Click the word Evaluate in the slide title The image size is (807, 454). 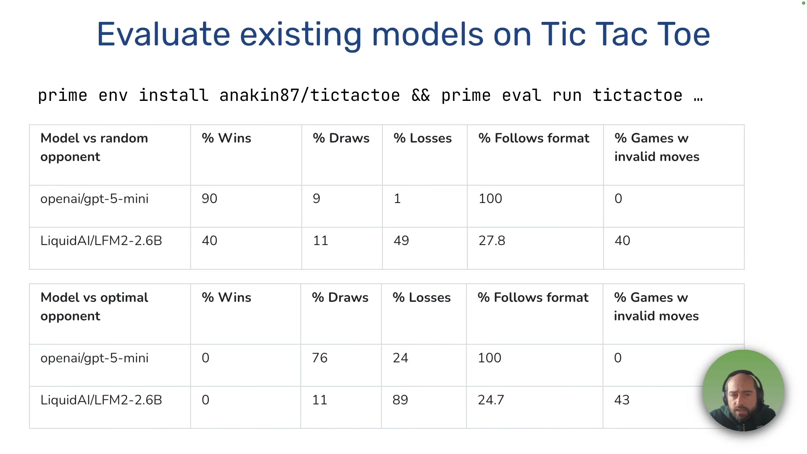click(163, 34)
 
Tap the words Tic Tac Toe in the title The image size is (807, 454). click(625, 34)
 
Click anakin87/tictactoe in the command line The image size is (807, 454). click(309, 96)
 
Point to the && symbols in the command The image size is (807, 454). click(420, 96)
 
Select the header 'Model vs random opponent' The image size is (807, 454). click(94, 147)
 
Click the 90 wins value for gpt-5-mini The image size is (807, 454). click(209, 198)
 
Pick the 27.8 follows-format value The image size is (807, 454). click(492, 240)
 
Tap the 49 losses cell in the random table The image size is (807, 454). click(401, 240)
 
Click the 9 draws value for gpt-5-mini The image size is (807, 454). click(316, 198)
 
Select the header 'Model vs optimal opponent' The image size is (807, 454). click(94, 306)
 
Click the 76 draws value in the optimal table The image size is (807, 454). click(319, 358)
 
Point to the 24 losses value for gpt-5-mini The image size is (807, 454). click(400, 358)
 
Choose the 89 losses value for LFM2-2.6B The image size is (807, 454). click(400, 400)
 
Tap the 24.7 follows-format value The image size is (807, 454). click(491, 400)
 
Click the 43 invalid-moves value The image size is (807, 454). click(622, 400)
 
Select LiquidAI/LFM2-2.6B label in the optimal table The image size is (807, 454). click(101, 400)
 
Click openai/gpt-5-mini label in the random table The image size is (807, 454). click(94, 198)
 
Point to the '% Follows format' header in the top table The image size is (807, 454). click(534, 138)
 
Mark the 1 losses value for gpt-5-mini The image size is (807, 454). click(397, 198)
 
